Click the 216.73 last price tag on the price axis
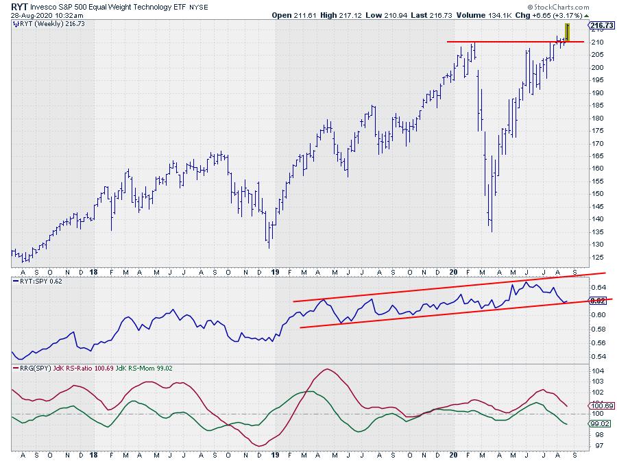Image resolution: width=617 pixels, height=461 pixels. pos(600,25)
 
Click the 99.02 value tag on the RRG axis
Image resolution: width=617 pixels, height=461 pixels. pos(600,424)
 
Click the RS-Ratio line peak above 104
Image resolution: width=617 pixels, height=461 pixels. pos(329,370)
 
